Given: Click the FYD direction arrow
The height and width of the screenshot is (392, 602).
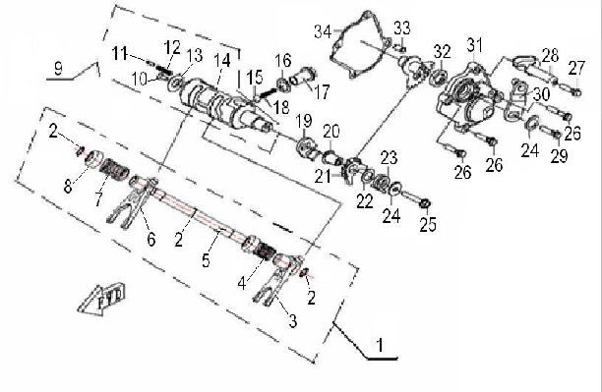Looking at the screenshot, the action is click(x=101, y=300).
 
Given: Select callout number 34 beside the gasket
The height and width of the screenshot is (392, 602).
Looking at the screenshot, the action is click(x=323, y=31).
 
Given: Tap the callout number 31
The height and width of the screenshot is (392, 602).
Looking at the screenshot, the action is click(x=475, y=45).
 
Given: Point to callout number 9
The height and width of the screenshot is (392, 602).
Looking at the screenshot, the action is click(x=58, y=68).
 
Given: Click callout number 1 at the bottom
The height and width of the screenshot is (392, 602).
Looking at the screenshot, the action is click(x=380, y=345).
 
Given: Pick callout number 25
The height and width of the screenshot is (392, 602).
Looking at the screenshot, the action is click(x=428, y=224).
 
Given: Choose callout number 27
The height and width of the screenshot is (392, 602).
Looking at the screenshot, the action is click(x=576, y=68).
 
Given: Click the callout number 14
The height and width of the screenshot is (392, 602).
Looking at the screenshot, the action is click(x=222, y=61).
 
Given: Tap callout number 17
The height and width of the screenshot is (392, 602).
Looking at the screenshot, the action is click(x=322, y=91).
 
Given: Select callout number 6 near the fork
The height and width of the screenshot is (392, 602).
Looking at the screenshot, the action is click(x=151, y=239).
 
